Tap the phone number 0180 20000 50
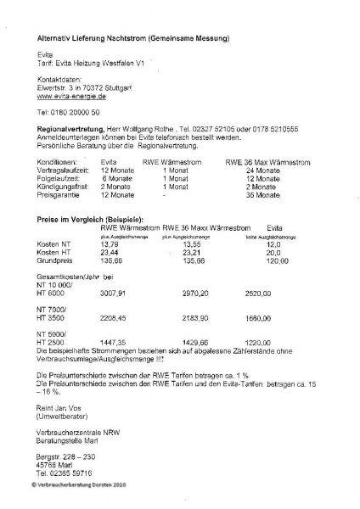click(x=69, y=112)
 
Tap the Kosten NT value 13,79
click(x=110, y=244)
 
